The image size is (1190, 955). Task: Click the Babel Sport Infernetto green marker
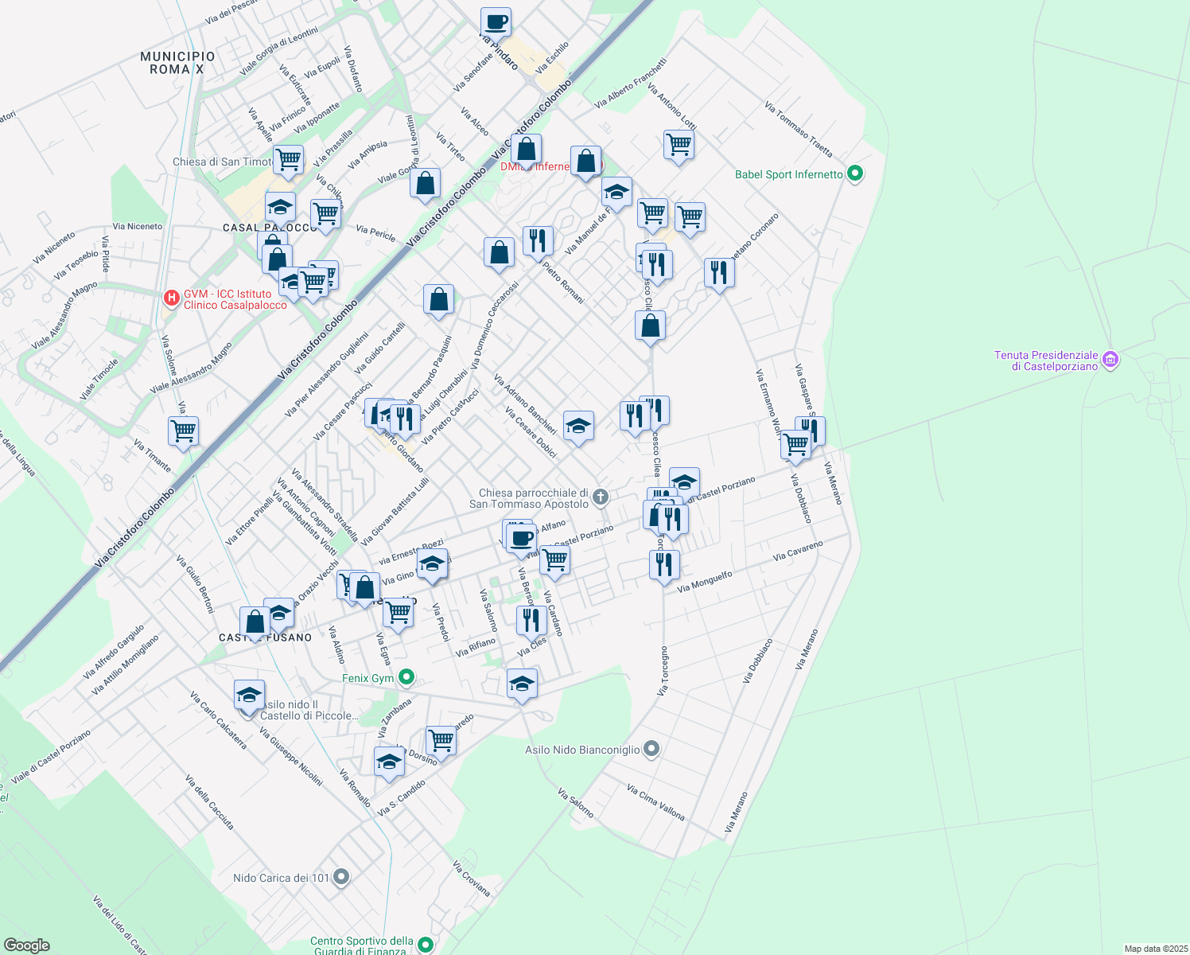(855, 173)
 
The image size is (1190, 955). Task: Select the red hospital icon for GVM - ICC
(170, 298)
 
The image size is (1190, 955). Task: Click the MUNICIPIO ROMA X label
(177, 63)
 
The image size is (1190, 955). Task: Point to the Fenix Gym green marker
(406, 677)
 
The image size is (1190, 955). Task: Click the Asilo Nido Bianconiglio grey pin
(651, 749)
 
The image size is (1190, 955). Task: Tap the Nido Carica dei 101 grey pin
(341, 877)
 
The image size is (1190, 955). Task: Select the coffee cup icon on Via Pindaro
(496, 22)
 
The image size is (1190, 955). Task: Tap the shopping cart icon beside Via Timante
(184, 431)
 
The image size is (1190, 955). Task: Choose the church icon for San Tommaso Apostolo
(601, 497)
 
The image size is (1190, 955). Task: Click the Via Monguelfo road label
(704, 582)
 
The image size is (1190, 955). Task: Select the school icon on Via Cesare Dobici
(578, 426)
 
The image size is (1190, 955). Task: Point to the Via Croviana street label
(471, 878)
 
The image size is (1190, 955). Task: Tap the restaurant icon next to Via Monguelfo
(664, 564)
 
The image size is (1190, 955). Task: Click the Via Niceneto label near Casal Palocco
(137, 226)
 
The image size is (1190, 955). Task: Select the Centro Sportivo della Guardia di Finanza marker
(426, 945)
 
